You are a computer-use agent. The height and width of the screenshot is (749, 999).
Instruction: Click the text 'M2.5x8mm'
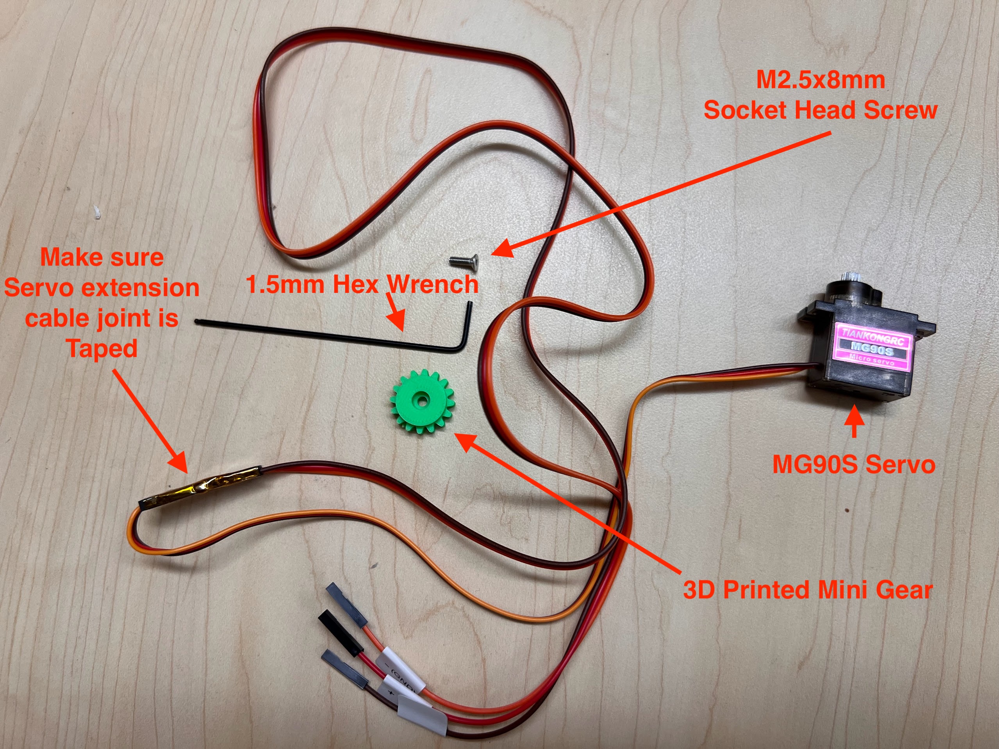tap(820, 80)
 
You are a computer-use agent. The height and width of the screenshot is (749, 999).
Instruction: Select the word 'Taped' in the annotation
tap(102, 349)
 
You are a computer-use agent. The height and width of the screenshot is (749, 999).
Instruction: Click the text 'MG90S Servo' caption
tap(854, 465)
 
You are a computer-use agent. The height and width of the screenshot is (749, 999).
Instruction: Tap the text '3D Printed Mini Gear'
tap(808, 590)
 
